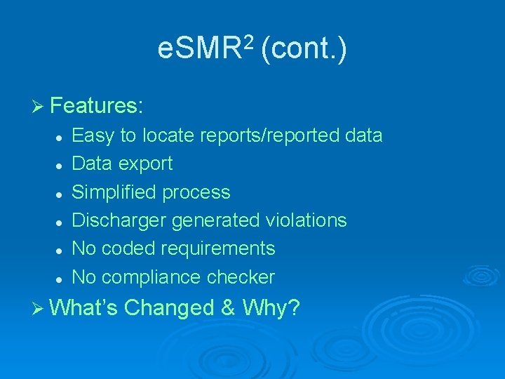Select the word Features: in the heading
click(x=97, y=106)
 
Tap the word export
click(x=146, y=164)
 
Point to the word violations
click(x=306, y=220)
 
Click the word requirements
click(x=218, y=249)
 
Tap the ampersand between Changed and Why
click(x=229, y=307)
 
